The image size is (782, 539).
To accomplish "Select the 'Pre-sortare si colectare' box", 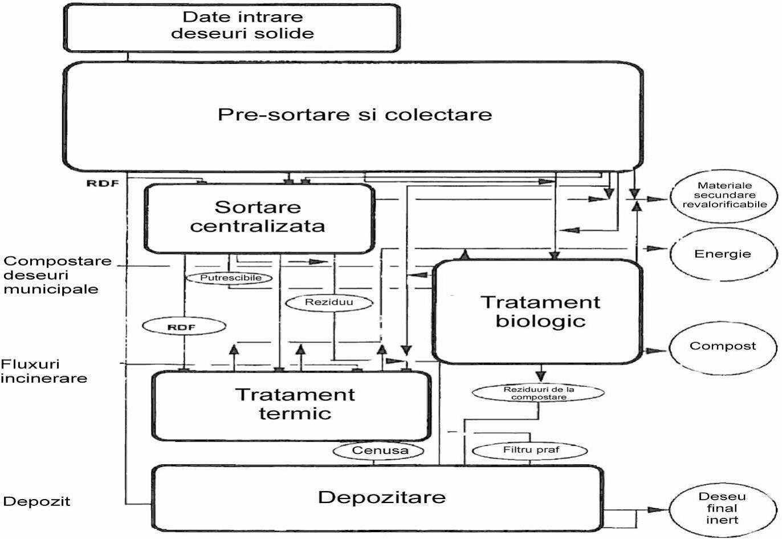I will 353,115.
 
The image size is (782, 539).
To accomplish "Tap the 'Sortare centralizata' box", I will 258,217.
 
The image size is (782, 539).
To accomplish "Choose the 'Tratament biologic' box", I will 539,311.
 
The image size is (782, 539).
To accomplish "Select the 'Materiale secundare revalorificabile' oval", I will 724,195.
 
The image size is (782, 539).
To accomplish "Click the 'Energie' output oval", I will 722,254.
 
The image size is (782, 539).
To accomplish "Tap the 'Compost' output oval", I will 722,346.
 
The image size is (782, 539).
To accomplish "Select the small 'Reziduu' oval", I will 329,302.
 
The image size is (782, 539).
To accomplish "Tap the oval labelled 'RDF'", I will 184,327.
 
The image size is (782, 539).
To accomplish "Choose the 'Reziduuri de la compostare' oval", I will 539,393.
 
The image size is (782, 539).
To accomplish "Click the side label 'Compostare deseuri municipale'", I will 57,275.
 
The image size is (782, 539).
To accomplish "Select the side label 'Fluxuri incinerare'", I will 44,371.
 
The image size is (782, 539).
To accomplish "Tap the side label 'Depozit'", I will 37,501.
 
